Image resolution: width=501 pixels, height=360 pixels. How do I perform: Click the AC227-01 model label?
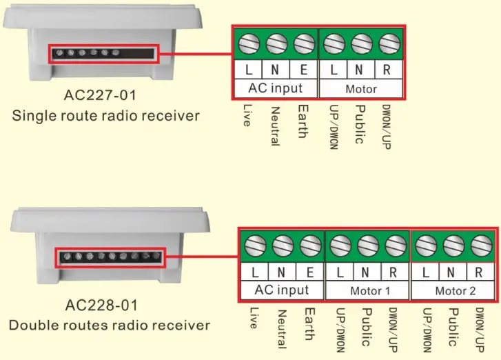pos(105,93)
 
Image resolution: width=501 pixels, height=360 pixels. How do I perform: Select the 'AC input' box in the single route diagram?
pos(276,88)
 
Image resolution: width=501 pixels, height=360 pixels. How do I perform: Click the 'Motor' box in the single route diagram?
pos(361,88)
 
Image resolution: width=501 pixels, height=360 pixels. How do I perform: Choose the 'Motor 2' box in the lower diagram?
pos(455,290)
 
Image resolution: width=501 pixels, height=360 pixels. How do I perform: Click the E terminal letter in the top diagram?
pos(304,70)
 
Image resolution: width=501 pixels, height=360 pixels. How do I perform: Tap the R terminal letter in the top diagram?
pos(387,70)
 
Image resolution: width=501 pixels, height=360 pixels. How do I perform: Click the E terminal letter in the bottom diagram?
pos(311,272)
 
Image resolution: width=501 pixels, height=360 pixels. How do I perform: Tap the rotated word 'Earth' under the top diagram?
pos(301,121)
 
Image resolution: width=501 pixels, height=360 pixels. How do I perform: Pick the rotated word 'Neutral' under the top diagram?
pos(274,126)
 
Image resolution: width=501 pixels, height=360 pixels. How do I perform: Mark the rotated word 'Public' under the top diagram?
pos(358,124)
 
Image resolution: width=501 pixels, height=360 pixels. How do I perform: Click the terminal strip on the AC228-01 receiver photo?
pos(111,257)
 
